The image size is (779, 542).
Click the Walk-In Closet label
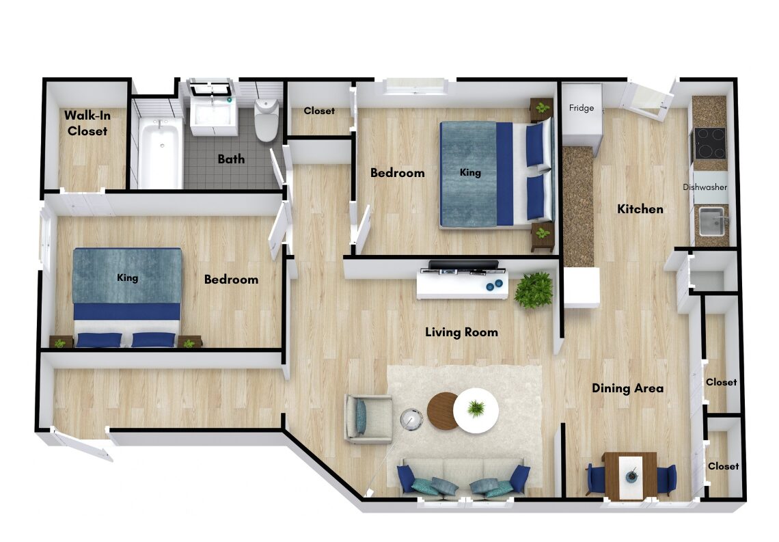tap(87, 123)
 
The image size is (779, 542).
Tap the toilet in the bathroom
tap(266, 120)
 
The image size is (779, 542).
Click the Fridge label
tap(582, 108)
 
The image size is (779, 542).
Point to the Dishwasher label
tap(705, 187)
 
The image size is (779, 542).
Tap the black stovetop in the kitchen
tap(710, 143)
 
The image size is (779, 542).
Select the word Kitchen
tap(640, 209)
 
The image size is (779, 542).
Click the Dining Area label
tap(627, 388)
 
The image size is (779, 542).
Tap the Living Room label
tap(461, 332)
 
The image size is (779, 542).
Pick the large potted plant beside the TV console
tap(534, 290)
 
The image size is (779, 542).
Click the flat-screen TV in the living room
tap(463, 265)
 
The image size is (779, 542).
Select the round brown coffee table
tap(442, 411)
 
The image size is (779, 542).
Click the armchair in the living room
tap(368, 418)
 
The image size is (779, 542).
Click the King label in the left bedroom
tap(128, 277)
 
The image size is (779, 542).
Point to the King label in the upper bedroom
tap(470, 172)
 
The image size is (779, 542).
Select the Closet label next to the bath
tap(319, 111)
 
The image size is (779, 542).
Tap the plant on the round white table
tap(476, 408)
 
